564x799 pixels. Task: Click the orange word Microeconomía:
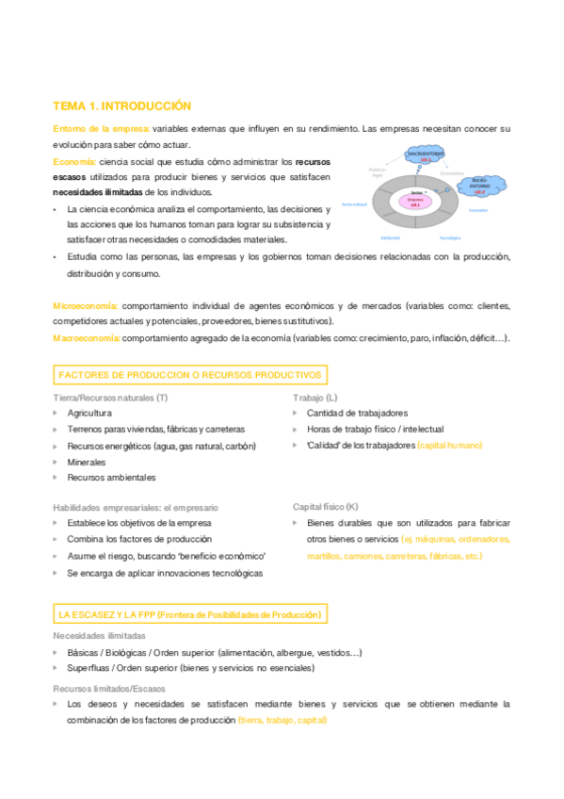point(86,306)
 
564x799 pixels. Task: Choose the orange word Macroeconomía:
point(87,337)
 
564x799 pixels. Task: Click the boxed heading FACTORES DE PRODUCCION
point(189,375)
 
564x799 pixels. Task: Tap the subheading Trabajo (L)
point(316,398)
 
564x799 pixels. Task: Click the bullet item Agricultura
point(89,413)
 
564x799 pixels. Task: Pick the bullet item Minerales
point(87,462)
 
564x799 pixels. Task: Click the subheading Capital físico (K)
point(325,506)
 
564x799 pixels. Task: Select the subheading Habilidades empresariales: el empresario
point(135,507)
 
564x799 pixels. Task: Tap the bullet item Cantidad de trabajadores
point(357,413)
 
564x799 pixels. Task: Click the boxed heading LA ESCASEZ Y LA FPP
point(189,614)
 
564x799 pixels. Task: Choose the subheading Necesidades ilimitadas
point(99,636)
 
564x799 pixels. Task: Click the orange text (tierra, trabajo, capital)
point(282,720)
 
